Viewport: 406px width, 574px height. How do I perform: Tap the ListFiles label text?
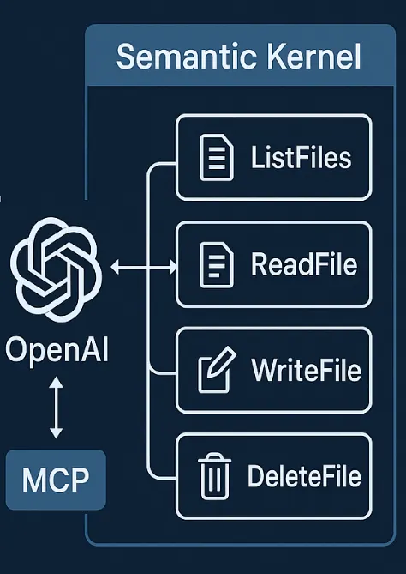[x=302, y=158]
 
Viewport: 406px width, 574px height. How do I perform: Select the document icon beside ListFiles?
[x=215, y=158]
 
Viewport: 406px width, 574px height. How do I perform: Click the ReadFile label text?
[x=303, y=264]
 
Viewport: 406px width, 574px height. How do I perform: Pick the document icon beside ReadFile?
[x=215, y=264]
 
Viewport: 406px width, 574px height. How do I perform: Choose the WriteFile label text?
[x=306, y=371]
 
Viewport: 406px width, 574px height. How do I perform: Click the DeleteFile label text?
[x=303, y=476]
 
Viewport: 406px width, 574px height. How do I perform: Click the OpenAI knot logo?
[x=57, y=268]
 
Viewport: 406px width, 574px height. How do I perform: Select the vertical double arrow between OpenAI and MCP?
[x=56, y=410]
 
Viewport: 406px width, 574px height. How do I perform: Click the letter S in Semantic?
[x=125, y=57]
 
